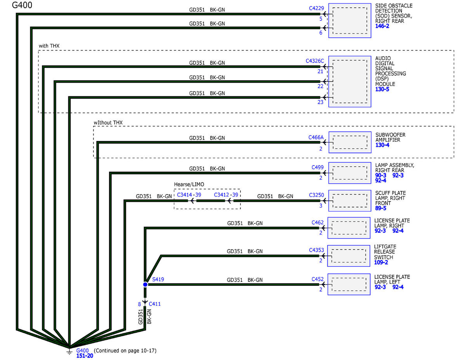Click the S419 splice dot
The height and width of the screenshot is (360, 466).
(145, 284)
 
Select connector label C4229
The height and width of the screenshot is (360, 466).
(316, 8)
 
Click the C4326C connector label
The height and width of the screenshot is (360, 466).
(315, 61)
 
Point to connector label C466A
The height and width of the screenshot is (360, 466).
(316, 137)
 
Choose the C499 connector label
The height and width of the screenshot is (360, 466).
(317, 167)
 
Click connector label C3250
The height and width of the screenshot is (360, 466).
(316, 195)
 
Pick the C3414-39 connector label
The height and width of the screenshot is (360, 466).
(189, 195)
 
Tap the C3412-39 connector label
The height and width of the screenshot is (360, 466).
(226, 195)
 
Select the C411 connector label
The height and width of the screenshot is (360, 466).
(155, 304)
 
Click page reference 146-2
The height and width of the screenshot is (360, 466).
(382, 26)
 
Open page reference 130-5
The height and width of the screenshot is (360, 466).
(382, 89)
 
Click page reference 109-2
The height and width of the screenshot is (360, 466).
(381, 262)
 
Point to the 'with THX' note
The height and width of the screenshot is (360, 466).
(49, 46)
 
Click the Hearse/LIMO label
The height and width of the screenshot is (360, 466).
(189, 184)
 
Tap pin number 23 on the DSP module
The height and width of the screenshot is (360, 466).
(320, 102)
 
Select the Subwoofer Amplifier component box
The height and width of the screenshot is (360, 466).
(350, 142)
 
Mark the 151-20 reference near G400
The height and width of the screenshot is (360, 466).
(85, 356)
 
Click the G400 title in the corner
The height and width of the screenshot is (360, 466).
(22, 5)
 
